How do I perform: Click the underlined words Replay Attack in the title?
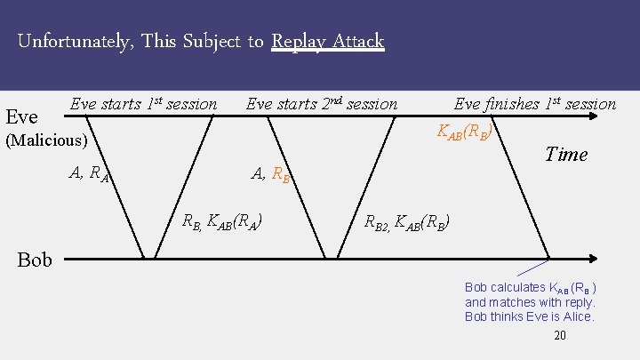tap(327, 41)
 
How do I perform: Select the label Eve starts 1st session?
tap(143, 104)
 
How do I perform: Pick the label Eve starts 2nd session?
tap(321, 104)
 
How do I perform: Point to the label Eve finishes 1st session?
tap(534, 104)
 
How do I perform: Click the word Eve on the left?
tap(21, 116)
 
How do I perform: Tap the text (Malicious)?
tap(46, 140)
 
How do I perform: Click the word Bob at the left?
tap(35, 260)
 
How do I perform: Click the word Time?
tap(566, 154)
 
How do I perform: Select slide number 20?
tap(559, 335)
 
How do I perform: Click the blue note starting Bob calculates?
tap(530, 301)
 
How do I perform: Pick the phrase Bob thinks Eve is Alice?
tap(529, 316)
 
